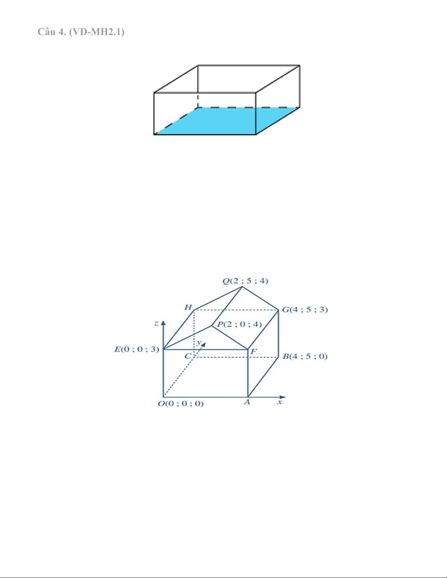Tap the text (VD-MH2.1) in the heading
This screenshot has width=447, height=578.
point(97,32)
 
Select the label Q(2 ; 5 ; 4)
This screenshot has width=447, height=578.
point(245,281)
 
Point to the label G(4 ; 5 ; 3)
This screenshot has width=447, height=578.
point(305,310)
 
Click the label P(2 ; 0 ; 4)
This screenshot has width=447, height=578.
point(239,324)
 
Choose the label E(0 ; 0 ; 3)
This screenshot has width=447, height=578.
point(137,349)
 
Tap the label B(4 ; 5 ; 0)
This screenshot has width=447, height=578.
point(305,356)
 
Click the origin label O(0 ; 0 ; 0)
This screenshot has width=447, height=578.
point(181,404)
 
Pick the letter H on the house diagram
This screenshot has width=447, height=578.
point(188,307)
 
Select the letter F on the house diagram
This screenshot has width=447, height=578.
point(254,352)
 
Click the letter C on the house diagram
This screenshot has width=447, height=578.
point(188,356)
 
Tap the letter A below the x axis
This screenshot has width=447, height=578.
point(247,402)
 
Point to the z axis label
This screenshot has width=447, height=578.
point(156,323)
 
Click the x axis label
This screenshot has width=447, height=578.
point(280,402)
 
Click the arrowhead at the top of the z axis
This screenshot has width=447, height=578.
point(163,323)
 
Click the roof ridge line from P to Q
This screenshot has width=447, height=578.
point(227,306)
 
